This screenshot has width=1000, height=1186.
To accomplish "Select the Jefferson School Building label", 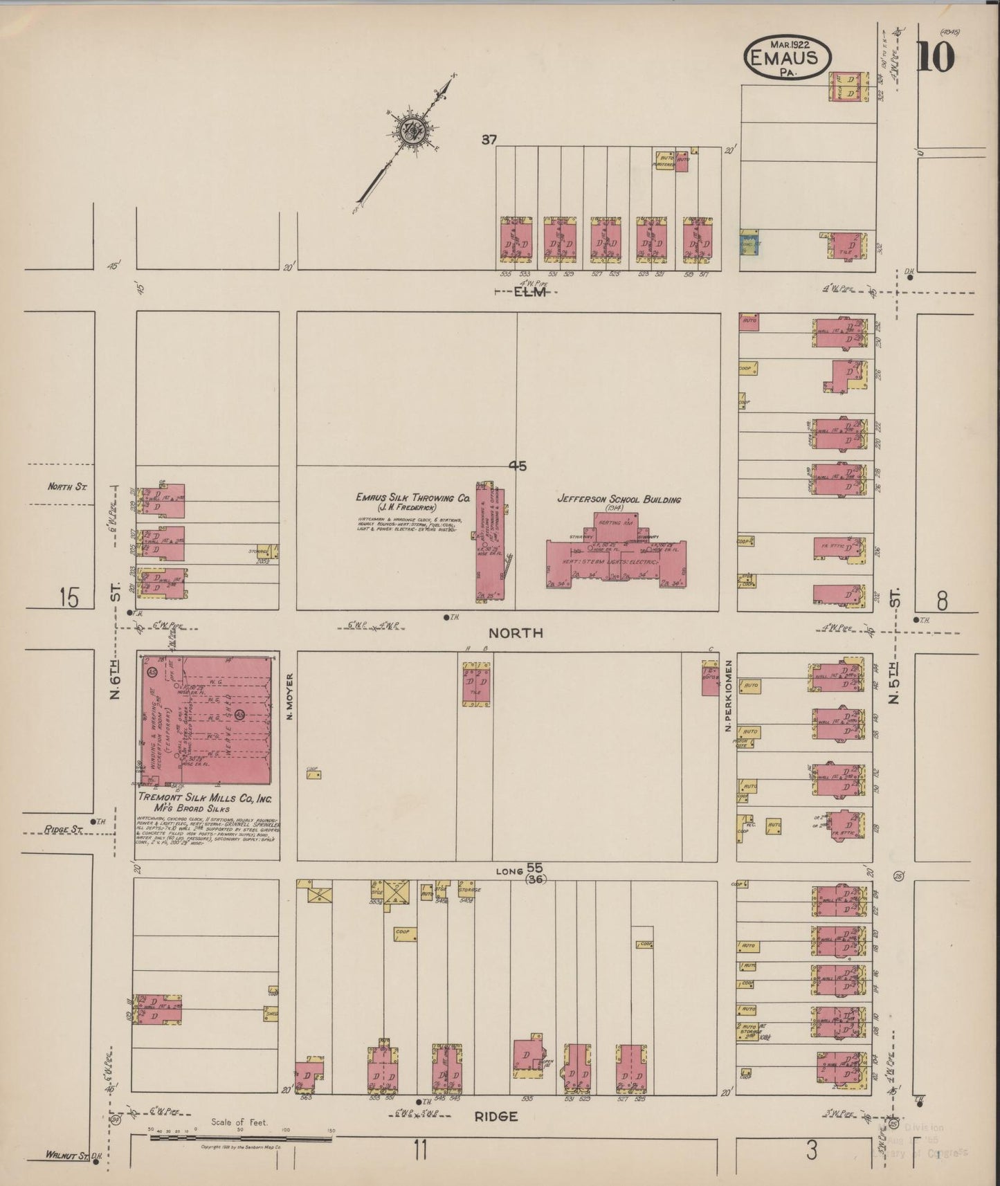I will click(x=619, y=499).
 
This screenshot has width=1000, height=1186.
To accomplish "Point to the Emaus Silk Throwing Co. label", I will click(x=412, y=498).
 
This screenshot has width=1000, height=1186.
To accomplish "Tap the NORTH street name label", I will click(x=516, y=632).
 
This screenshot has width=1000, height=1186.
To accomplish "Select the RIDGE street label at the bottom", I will click(x=496, y=1116).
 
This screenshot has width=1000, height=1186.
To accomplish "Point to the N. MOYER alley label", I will click(x=291, y=696).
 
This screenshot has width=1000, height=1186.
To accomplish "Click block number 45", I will click(x=518, y=466).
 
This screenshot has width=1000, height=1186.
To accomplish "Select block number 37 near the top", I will click(x=489, y=140).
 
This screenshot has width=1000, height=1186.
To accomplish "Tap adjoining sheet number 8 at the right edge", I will click(x=942, y=601).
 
